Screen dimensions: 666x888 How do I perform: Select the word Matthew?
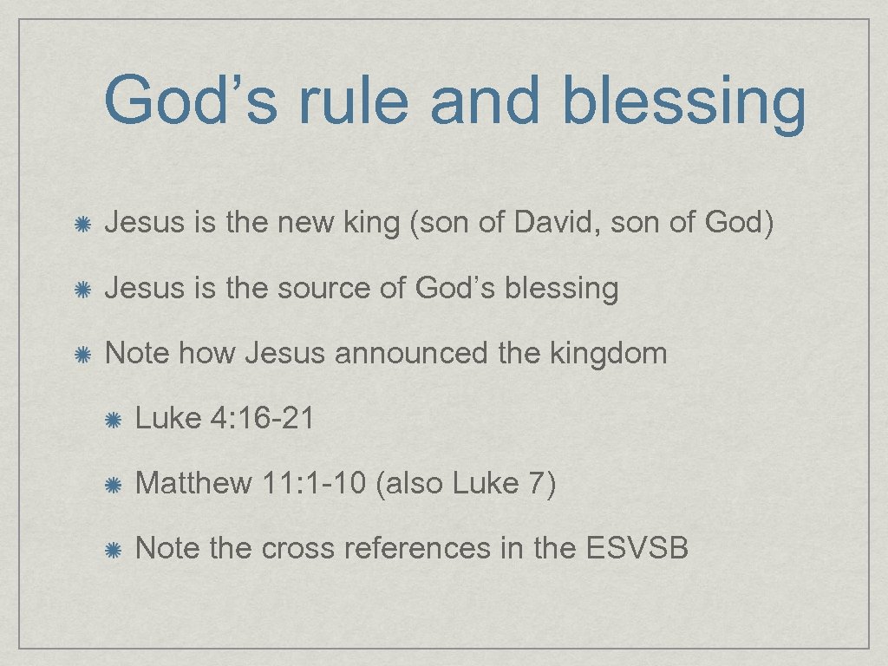click(x=193, y=483)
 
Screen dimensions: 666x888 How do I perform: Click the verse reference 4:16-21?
click(x=262, y=419)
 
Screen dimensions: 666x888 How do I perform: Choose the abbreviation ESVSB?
click(x=637, y=548)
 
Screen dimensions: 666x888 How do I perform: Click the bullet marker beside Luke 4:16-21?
click(x=113, y=420)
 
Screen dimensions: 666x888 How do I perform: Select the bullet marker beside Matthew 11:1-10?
click(x=113, y=484)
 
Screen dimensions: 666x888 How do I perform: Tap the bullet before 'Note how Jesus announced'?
click(x=81, y=355)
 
